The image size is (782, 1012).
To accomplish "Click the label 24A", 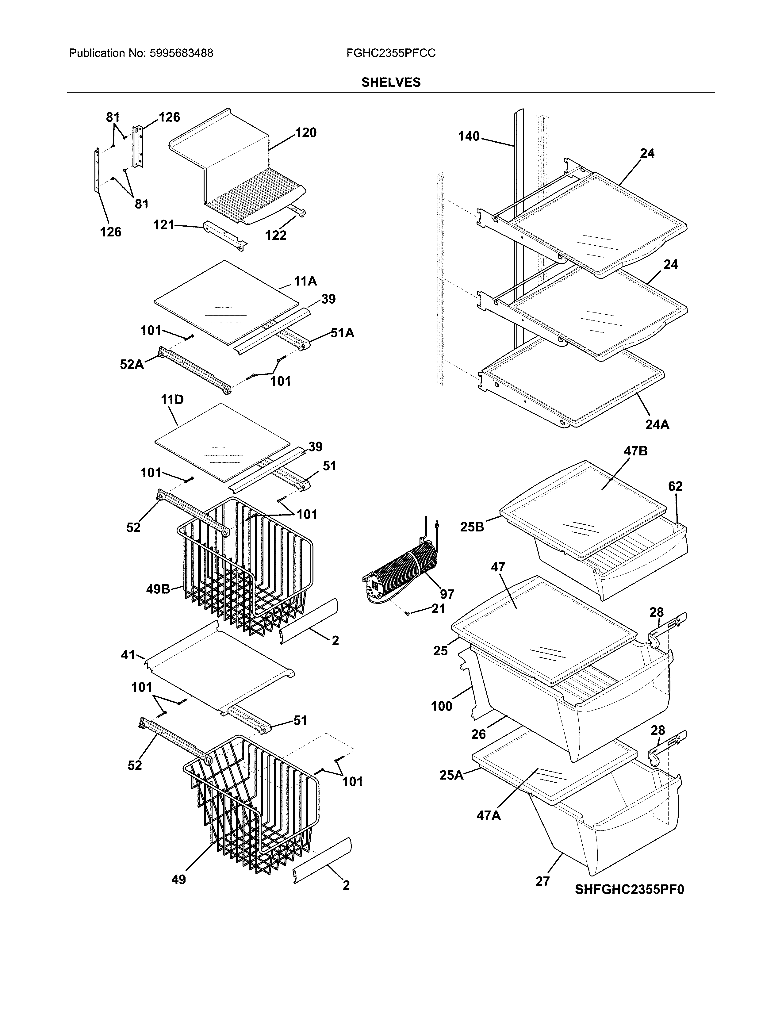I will (657, 424).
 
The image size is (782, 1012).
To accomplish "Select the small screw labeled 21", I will (407, 614).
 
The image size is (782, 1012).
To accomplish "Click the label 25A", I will (451, 775).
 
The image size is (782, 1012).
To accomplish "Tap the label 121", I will (163, 225).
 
